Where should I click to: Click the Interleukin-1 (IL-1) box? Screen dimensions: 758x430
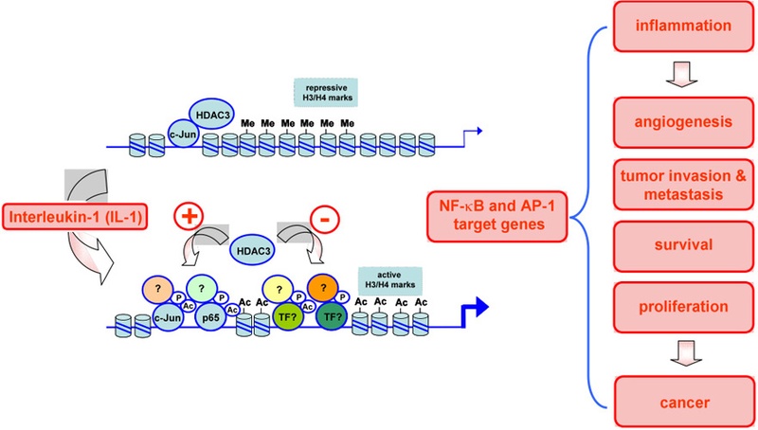point(75,217)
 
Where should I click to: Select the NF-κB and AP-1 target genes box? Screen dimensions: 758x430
point(497,216)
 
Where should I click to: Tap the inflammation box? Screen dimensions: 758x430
point(683,27)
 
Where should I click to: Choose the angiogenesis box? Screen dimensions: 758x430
point(683,122)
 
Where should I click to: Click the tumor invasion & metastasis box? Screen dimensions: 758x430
point(683,185)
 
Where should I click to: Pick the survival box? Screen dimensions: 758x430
point(683,245)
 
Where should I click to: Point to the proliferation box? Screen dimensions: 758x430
point(683,307)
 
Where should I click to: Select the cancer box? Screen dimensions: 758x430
point(684,402)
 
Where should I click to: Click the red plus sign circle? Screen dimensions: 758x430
point(189,216)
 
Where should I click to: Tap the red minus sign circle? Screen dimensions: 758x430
point(324,220)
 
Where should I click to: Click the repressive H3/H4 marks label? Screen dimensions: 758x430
point(326,92)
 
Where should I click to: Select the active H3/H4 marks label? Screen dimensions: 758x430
point(390,280)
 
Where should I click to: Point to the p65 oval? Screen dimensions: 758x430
point(210,317)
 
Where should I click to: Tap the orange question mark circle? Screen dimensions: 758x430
point(323,288)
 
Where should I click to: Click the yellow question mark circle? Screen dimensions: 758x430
point(279,290)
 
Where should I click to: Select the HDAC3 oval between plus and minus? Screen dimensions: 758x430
point(252,251)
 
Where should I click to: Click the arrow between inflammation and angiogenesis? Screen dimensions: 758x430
point(681,75)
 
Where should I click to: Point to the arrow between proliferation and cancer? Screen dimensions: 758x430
point(686,353)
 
